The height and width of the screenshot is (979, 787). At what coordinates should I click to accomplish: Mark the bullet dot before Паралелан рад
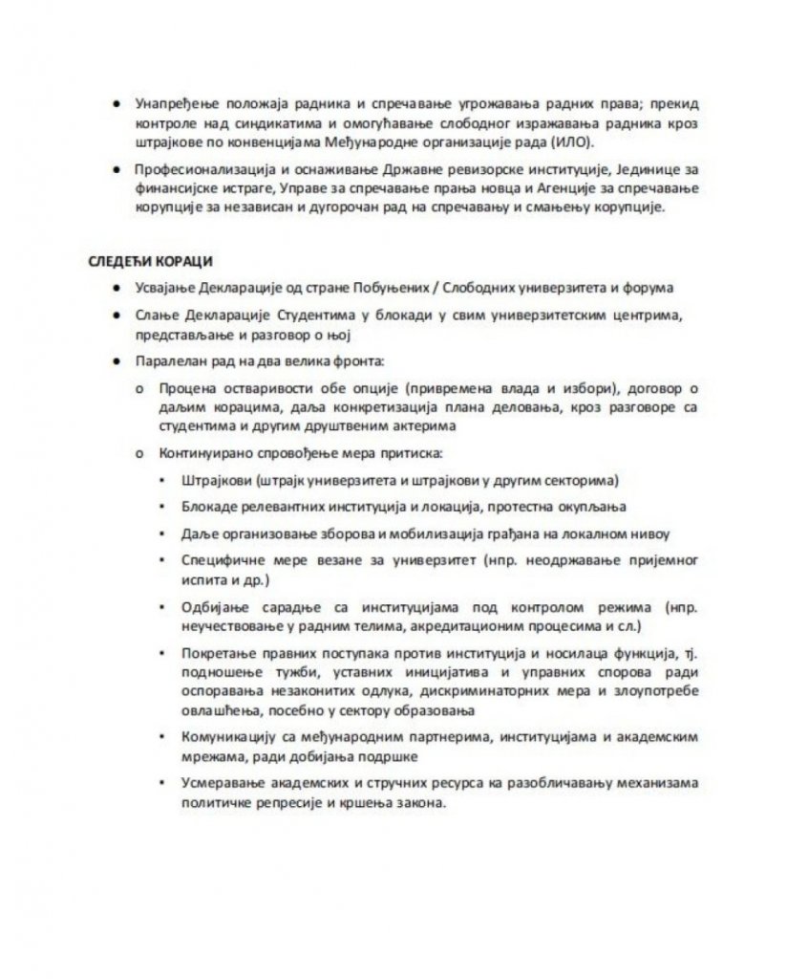116,363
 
